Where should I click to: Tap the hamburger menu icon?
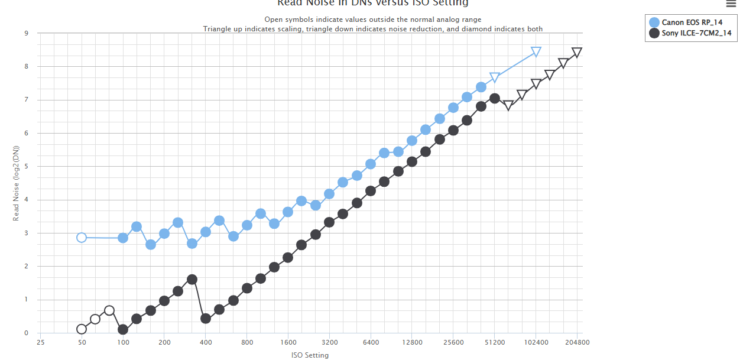(731, 4)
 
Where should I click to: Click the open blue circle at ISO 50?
(82, 238)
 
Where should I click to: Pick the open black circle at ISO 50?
(82, 329)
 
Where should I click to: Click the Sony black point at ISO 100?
(123, 330)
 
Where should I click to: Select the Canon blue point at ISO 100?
(123, 238)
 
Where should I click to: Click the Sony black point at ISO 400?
(206, 319)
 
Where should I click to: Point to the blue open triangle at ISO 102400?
(536, 52)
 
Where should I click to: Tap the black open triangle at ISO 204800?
(577, 53)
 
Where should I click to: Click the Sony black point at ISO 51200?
(495, 98)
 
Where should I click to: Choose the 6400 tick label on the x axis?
(371, 342)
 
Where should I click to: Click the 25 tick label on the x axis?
(40, 342)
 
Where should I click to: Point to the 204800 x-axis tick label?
(577, 342)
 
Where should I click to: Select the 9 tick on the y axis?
(26, 34)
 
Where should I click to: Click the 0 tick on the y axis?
(26, 333)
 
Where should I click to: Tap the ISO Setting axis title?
(310, 355)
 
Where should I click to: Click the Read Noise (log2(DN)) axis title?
(17, 184)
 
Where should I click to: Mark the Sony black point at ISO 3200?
(329, 222)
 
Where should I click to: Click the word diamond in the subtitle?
(478, 29)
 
